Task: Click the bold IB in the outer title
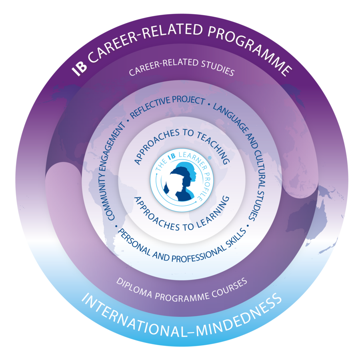pos(79,68)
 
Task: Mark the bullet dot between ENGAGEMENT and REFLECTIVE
pos(127,120)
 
